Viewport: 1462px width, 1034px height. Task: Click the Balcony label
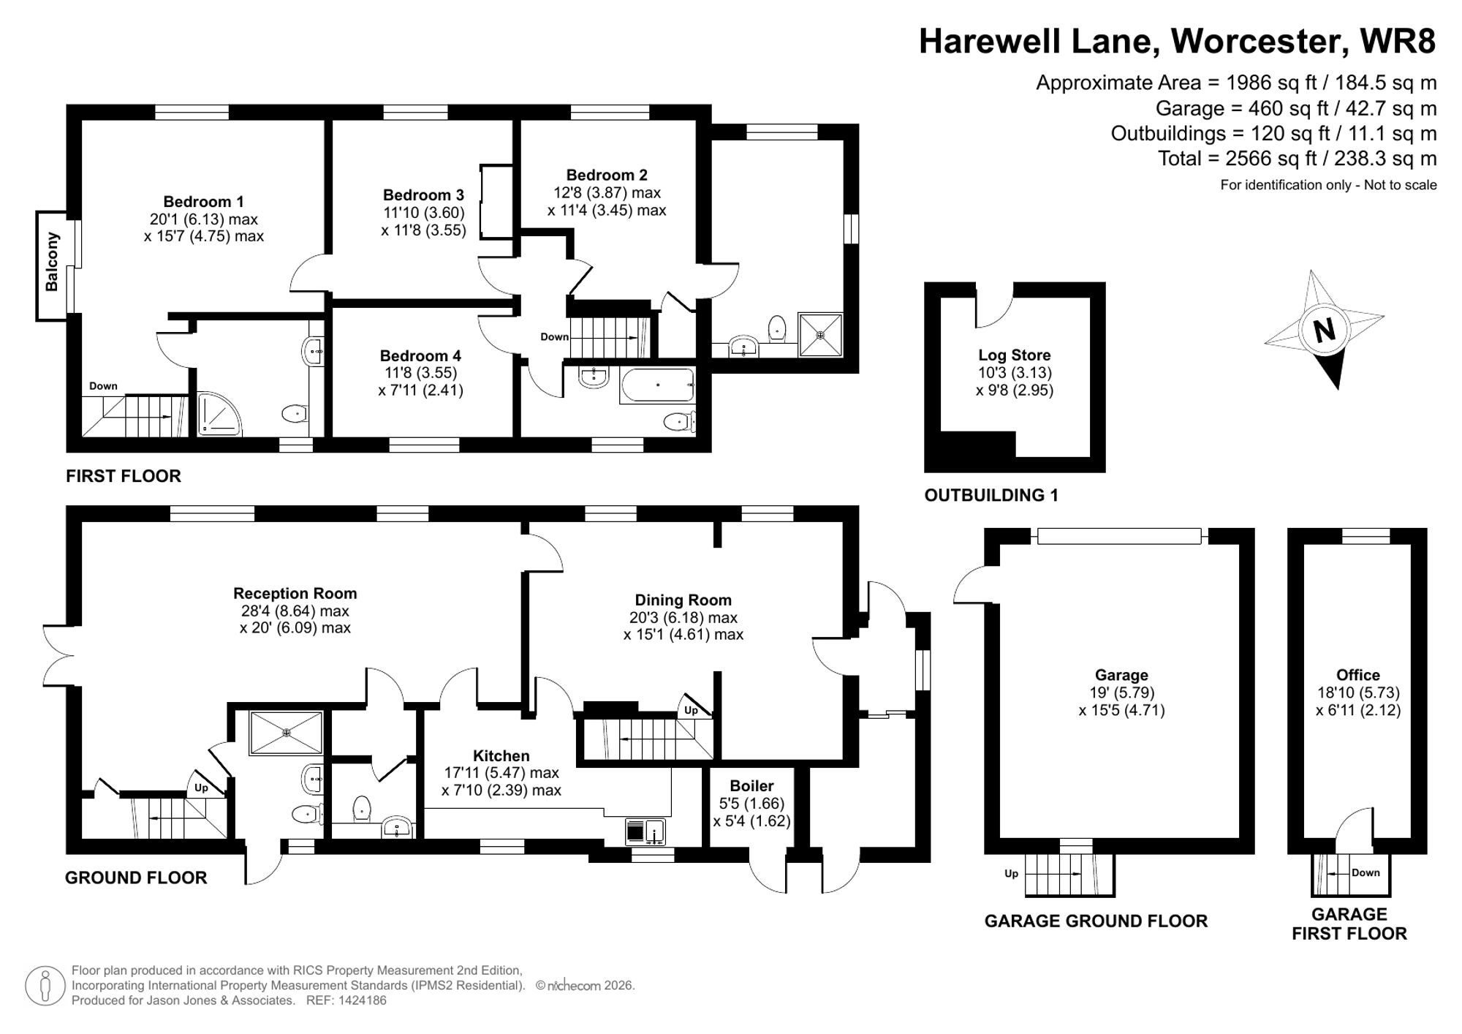point(52,262)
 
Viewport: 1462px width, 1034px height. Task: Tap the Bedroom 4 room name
point(420,355)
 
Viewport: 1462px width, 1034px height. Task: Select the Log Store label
point(1014,355)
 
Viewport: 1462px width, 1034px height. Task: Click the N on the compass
point(1324,331)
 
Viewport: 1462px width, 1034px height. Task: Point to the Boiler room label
point(751,785)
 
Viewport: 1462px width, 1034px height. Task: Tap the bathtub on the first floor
point(656,385)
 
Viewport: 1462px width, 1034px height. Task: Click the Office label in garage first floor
point(1357,675)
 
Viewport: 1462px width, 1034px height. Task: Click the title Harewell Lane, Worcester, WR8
point(1176,41)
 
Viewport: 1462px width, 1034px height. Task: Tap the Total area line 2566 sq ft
point(1297,158)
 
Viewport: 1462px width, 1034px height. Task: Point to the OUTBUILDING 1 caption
point(991,495)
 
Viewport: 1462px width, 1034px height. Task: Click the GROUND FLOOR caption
point(136,878)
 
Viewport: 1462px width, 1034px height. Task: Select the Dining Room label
point(683,600)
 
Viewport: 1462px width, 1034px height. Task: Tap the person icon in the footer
point(46,986)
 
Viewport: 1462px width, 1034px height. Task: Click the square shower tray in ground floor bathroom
point(286,732)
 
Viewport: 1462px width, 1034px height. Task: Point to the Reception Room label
point(295,593)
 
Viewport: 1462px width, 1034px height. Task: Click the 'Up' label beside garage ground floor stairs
point(1011,873)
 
